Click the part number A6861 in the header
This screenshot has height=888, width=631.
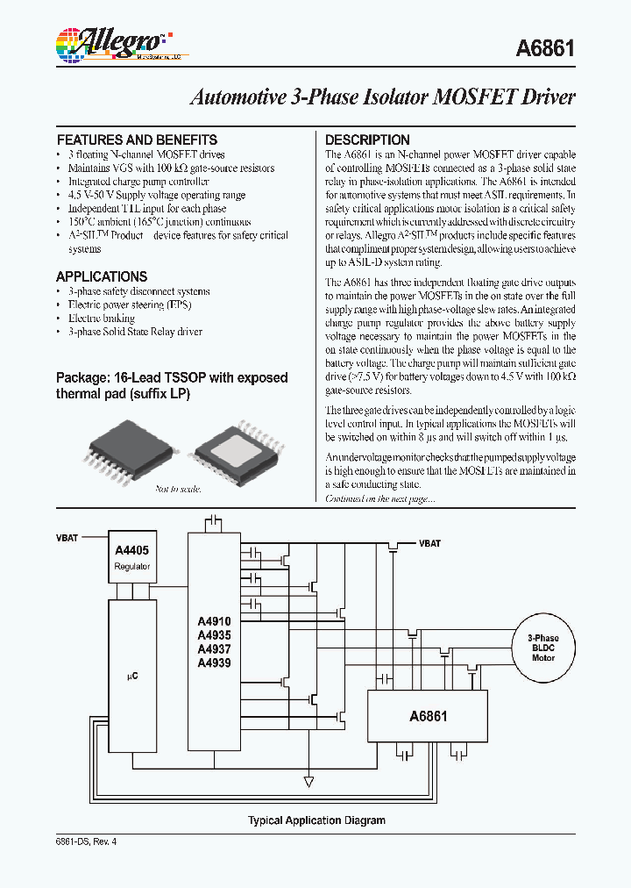[544, 50]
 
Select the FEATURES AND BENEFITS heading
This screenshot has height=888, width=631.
[137, 140]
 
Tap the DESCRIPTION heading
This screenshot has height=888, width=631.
[367, 140]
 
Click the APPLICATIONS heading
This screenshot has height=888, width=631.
[102, 276]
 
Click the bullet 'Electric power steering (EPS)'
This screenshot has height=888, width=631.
[129, 304]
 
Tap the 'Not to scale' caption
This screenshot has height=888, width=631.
[178, 489]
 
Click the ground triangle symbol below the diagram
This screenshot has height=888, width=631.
[308, 780]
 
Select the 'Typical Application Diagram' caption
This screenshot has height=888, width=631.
[316, 820]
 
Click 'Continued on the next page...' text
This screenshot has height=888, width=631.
[367, 498]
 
